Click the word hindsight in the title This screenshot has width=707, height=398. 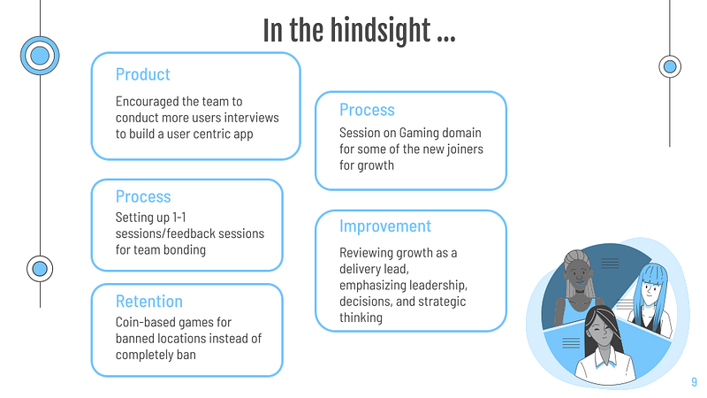tap(380, 31)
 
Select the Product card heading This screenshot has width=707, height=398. tap(142, 74)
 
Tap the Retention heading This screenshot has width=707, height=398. tap(148, 302)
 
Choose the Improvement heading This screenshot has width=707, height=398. tap(385, 226)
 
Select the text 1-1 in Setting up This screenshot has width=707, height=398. tap(179, 218)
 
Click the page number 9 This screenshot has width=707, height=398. tap(694, 382)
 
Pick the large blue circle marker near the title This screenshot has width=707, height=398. tap(40, 56)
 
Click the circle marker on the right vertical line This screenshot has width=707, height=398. tap(670, 67)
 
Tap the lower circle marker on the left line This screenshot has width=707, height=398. tap(40, 269)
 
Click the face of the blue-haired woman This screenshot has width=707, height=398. tap(651, 290)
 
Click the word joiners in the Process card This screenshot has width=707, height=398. tap(465, 149)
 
